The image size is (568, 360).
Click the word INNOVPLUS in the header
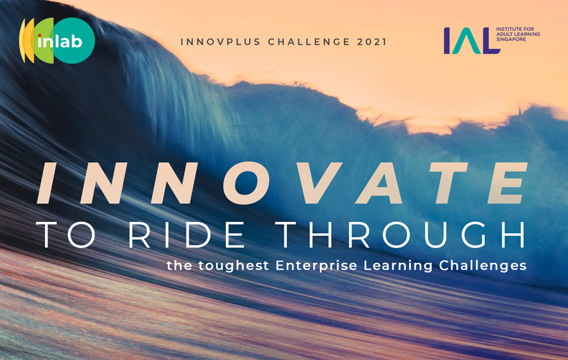[x=220, y=42]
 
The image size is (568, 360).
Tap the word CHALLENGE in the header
[x=309, y=42]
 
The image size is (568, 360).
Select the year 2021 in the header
[x=372, y=42]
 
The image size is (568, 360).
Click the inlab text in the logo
[x=60, y=42]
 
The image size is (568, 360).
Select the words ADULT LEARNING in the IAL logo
[x=518, y=34]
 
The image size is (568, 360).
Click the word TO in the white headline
[x=66, y=235]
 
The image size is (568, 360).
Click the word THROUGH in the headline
[x=400, y=235]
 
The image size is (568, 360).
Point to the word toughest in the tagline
[x=233, y=266]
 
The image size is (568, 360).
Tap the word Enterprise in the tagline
[x=317, y=266]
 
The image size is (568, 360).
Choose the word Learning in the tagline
[x=398, y=266]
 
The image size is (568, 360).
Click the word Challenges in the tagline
[x=483, y=266]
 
